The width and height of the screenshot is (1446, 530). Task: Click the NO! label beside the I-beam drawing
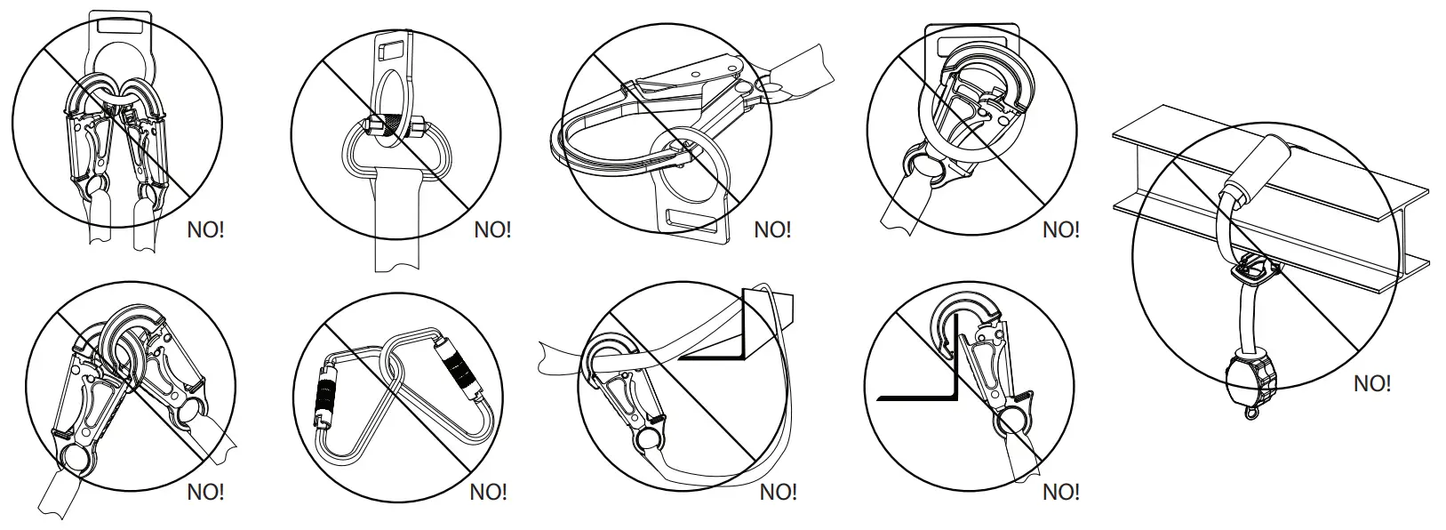pyautogui.click(x=1371, y=384)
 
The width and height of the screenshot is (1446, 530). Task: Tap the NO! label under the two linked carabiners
pyautogui.click(x=488, y=492)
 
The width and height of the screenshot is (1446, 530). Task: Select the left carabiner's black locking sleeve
pyautogui.click(x=326, y=399)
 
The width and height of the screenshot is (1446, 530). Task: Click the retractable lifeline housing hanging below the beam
pyautogui.click(x=1250, y=374)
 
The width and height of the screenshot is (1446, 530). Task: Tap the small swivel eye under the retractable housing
pyautogui.click(x=1252, y=412)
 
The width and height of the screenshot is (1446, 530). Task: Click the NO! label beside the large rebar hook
pyautogui.click(x=772, y=229)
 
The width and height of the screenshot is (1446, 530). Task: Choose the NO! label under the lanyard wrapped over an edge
pyautogui.click(x=779, y=492)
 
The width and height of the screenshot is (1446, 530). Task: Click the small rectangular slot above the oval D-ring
pyautogui.click(x=389, y=44)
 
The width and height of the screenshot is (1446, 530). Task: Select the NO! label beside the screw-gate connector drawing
pyautogui.click(x=492, y=229)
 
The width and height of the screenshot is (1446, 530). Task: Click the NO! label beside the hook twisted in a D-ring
pyautogui.click(x=1060, y=229)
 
